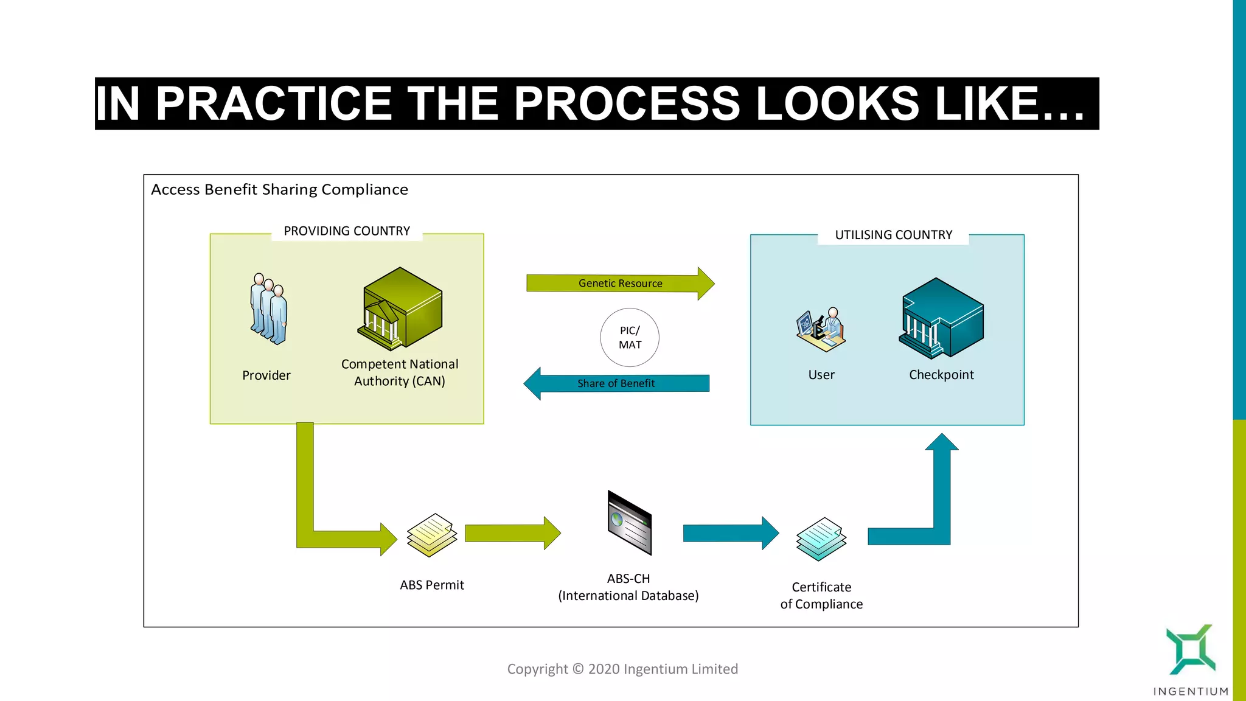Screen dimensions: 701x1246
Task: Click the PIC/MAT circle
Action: (630, 337)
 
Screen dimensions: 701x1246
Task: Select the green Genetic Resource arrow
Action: (619, 284)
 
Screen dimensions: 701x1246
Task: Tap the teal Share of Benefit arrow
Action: (616, 383)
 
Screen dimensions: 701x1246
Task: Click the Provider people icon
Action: (268, 309)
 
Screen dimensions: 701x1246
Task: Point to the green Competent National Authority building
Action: (400, 309)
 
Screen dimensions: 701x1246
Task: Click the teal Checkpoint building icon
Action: (941, 318)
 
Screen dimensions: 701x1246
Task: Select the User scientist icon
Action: (821, 330)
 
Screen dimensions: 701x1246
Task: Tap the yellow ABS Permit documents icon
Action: (432, 535)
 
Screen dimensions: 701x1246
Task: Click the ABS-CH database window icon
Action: (629, 523)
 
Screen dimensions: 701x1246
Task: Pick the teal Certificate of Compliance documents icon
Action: (821, 539)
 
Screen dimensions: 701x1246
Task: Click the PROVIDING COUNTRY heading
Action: (347, 231)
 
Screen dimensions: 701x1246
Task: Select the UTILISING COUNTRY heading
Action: (893, 235)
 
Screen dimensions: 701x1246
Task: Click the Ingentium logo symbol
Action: (1190, 650)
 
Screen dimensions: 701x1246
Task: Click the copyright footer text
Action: (622, 669)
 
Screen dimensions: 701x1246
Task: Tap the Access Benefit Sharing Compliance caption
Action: (279, 190)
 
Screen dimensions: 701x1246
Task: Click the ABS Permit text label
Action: (432, 585)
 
